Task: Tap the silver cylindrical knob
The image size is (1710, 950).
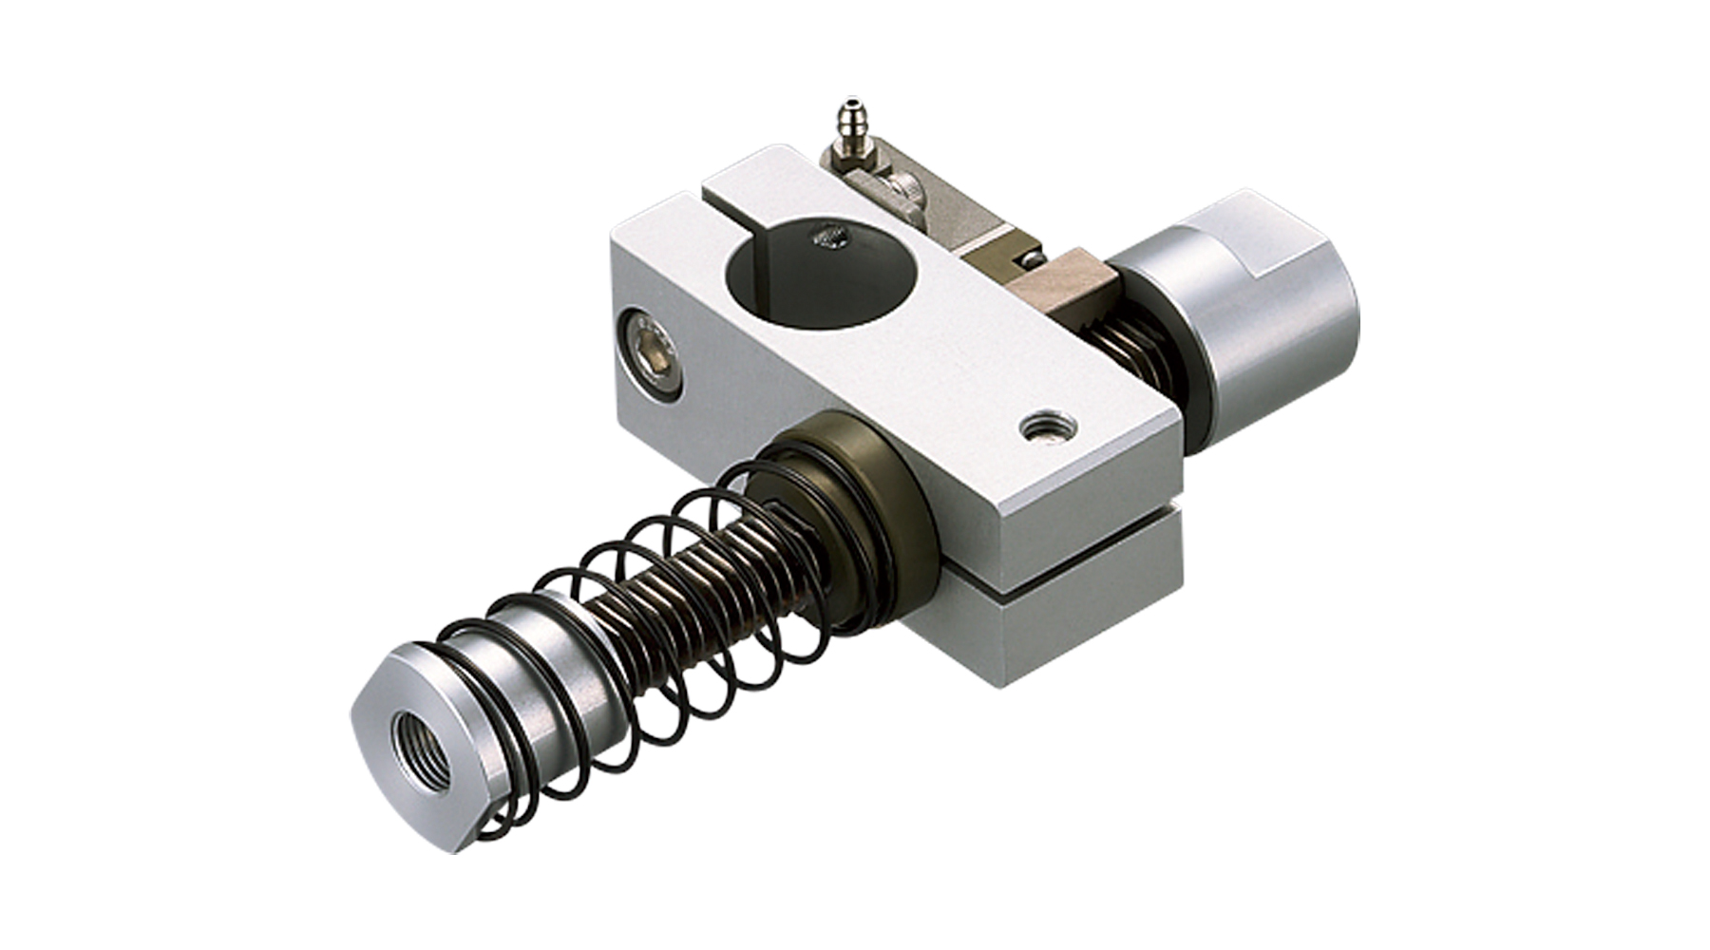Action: pos(1254,304)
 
